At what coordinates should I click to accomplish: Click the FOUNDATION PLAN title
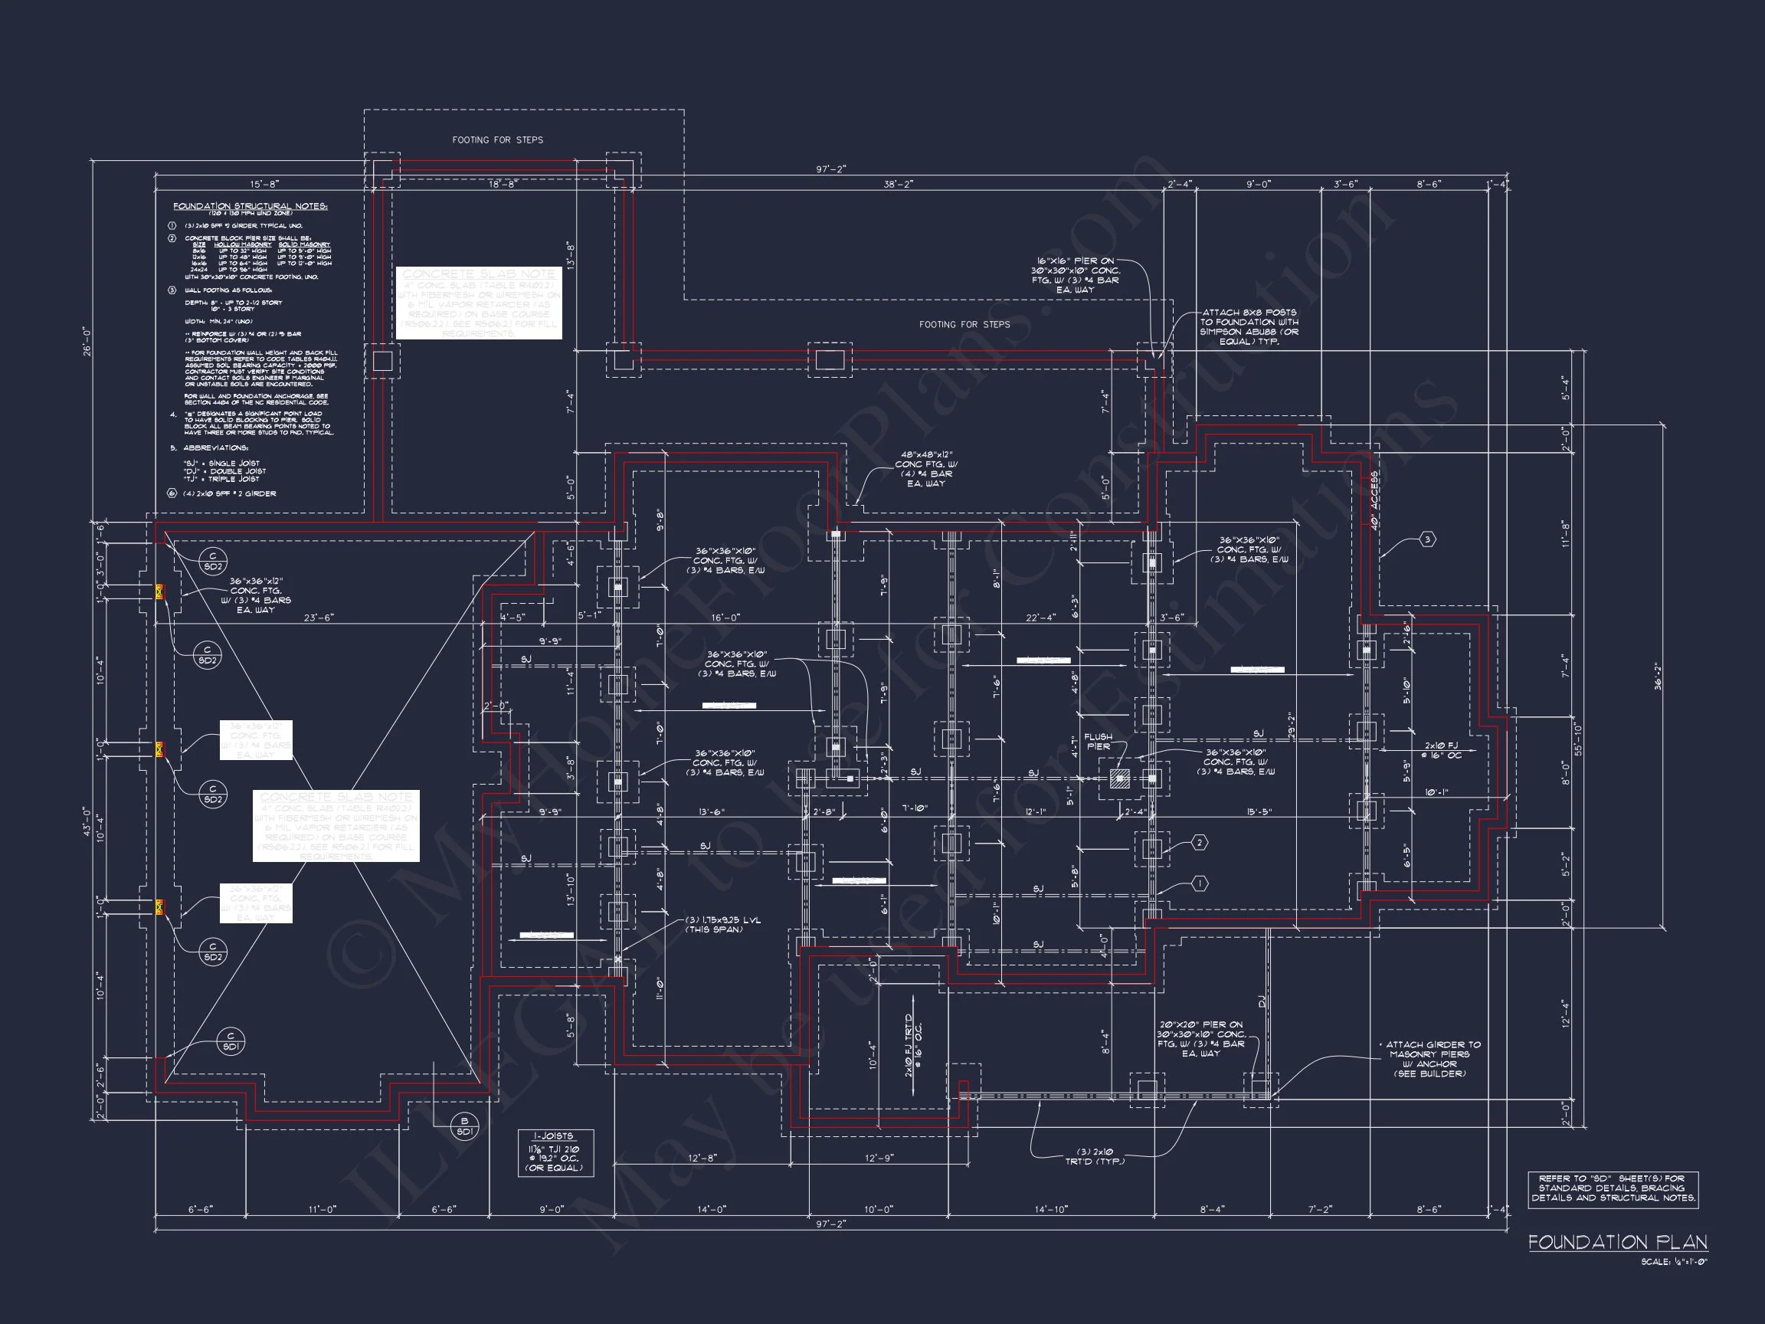tap(1616, 1242)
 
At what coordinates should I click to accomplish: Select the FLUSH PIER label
tap(1098, 742)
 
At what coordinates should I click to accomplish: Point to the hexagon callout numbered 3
tap(1427, 540)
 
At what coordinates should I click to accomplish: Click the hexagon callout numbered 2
tap(1200, 843)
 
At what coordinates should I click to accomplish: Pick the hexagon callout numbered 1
tap(1200, 883)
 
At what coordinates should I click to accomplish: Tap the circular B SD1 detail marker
tap(464, 1126)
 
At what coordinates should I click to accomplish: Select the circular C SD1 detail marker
tap(231, 1041)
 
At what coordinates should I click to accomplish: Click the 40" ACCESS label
tap(1374, 501)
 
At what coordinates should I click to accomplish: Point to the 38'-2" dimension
tap(898, 185)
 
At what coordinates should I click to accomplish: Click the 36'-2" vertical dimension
tap(1657, 676)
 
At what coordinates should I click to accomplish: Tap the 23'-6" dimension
tap(319, 618)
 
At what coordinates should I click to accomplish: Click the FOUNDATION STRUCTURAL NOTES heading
tap(250, 206)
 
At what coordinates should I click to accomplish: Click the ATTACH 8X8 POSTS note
tap(1249, 327)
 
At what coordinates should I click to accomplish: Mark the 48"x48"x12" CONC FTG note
tap(925, 469)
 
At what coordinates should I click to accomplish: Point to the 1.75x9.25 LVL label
tap(723, 924)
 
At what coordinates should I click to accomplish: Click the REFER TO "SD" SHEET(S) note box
tap(1613, 1188)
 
